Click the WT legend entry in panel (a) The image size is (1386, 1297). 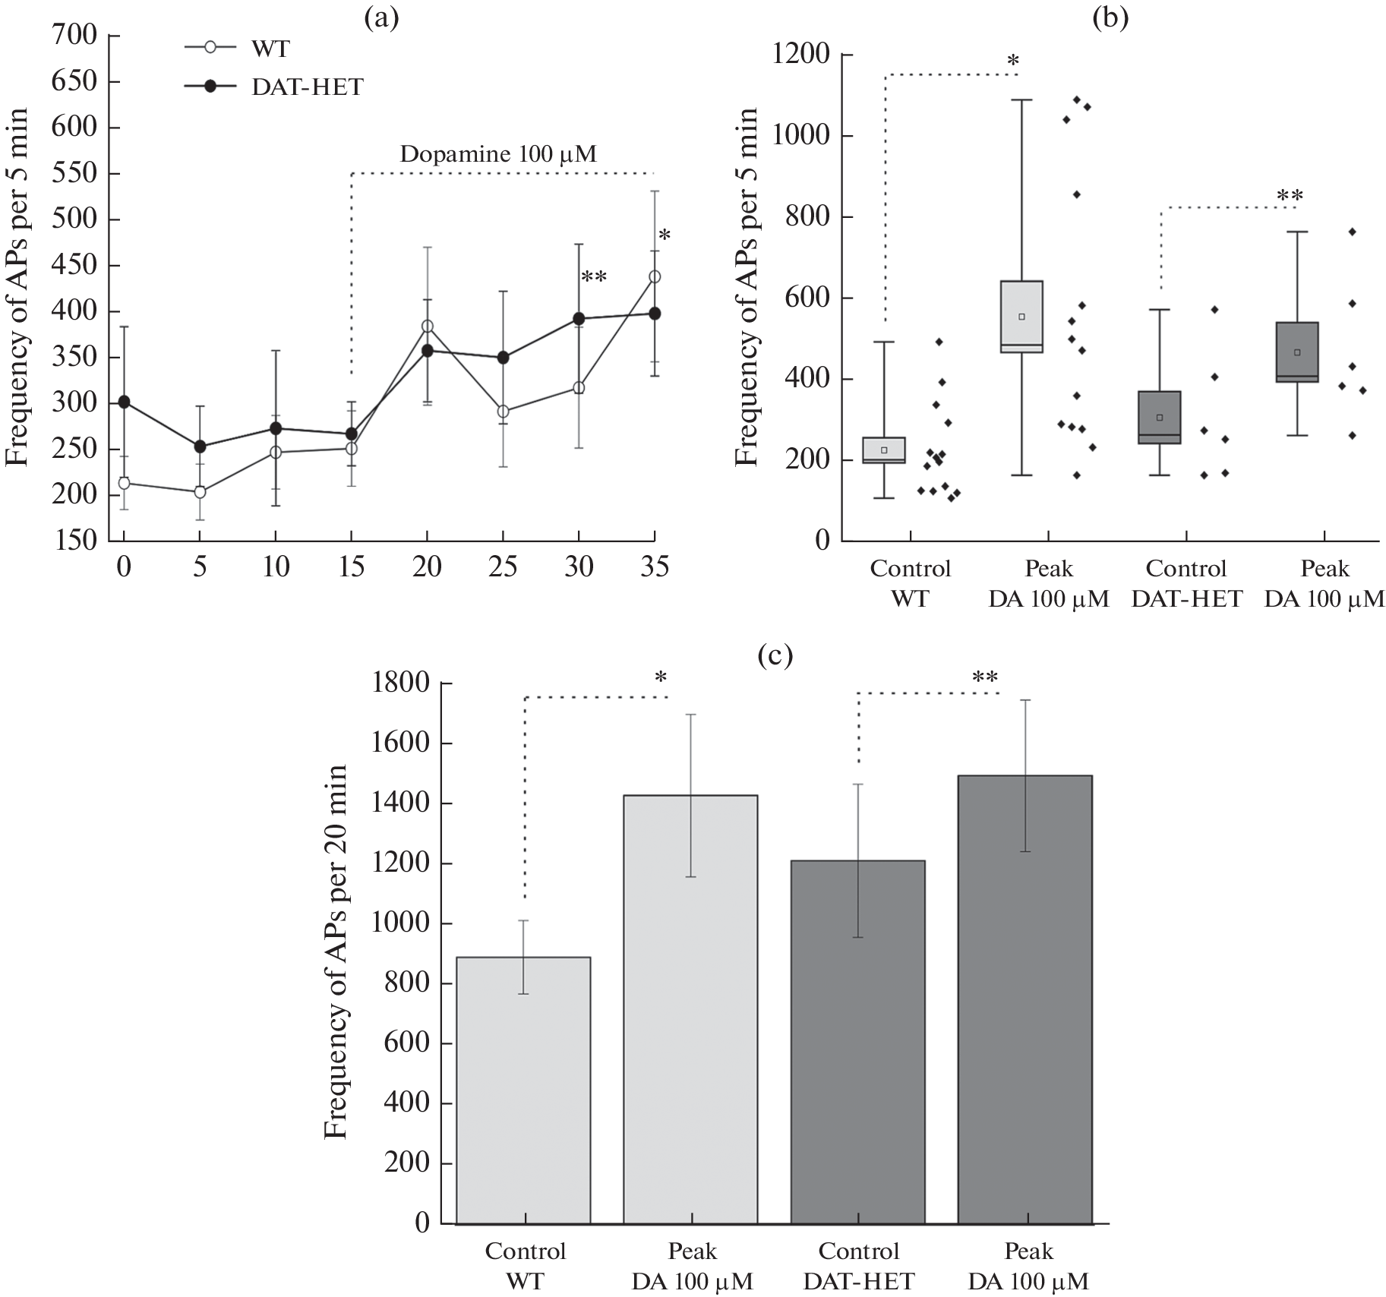[x=237, y=49]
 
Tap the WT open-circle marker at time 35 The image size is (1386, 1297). [x=655, y=276]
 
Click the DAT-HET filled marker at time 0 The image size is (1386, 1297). [x=124, y=401]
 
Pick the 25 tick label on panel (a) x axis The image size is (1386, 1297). [x=503, y=567]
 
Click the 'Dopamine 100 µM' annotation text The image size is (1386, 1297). [x=498, y=154]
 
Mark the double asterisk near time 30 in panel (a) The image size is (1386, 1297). [x=594, y=277]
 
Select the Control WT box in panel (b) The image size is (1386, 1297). [x=886, y=450]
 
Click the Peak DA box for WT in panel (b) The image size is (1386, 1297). [x=1022, y=317]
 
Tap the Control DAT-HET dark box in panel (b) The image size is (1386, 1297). [x=1160, y=418]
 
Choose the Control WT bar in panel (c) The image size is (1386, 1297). [x=524, y=1089]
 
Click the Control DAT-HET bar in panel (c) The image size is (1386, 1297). [x=858, y=1040]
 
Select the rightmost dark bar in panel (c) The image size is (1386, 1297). [x=1025, y=999]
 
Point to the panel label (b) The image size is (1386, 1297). [x=1110, y=17]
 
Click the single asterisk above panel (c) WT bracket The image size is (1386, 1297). [x=661, y=676]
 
